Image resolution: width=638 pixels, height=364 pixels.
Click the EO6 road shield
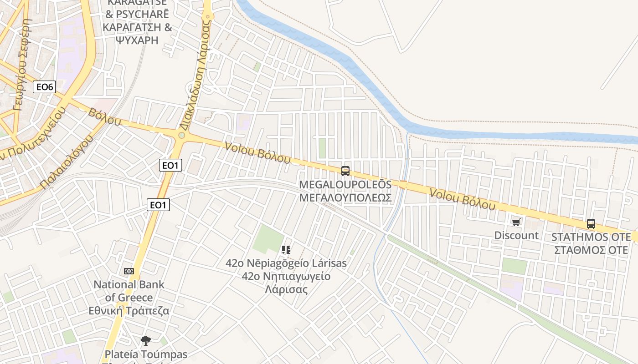pos(44,87)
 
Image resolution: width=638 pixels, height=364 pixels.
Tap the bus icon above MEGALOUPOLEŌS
pos(345,171)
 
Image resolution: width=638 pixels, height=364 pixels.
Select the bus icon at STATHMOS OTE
pos(591,224)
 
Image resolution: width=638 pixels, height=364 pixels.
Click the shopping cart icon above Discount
pos(516,222)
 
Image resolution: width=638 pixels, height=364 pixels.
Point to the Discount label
pos(516,235)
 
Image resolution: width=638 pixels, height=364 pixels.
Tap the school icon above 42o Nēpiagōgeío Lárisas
pos(286,249)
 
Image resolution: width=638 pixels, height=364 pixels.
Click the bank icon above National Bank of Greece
pos(129,271)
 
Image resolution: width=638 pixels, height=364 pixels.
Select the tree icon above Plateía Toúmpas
pos(146,340)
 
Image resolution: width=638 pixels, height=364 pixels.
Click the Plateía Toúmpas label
pos(146,354)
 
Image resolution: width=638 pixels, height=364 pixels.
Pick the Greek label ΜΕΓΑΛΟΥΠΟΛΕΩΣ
pos(345,197)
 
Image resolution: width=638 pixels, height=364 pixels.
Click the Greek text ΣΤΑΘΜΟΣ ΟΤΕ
pos(591,250)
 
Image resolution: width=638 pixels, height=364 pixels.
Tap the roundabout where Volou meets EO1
pos(182,135)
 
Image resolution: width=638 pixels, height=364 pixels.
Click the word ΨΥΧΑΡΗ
pos(137,40)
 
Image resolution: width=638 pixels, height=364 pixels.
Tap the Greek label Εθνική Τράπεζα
pos(129,311)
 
